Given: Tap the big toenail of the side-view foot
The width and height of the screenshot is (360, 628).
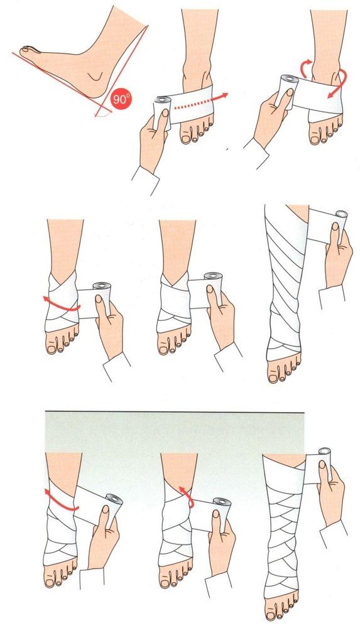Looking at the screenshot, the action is pyautogui.click(x=26, y=49).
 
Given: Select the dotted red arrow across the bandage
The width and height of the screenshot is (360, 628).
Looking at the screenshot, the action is pyautogui.click(x=200, y=102).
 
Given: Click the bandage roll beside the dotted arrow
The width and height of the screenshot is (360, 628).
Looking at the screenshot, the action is pyautogui.click(x=161, y=112).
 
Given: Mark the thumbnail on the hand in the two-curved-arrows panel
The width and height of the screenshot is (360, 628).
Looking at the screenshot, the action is pyautogui.click(x=289, y=92).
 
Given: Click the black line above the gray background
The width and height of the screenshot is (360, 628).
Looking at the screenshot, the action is pyautogui.click(x=175, y=411).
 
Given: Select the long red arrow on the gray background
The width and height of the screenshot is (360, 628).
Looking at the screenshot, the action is pyautogui.click(x=60, y=502).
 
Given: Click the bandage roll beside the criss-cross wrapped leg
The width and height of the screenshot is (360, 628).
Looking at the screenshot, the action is pyautogui.click(x=325, y=465).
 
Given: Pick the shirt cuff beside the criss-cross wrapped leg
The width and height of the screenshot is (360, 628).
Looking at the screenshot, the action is pyautogui.click(x=334, y=533).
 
